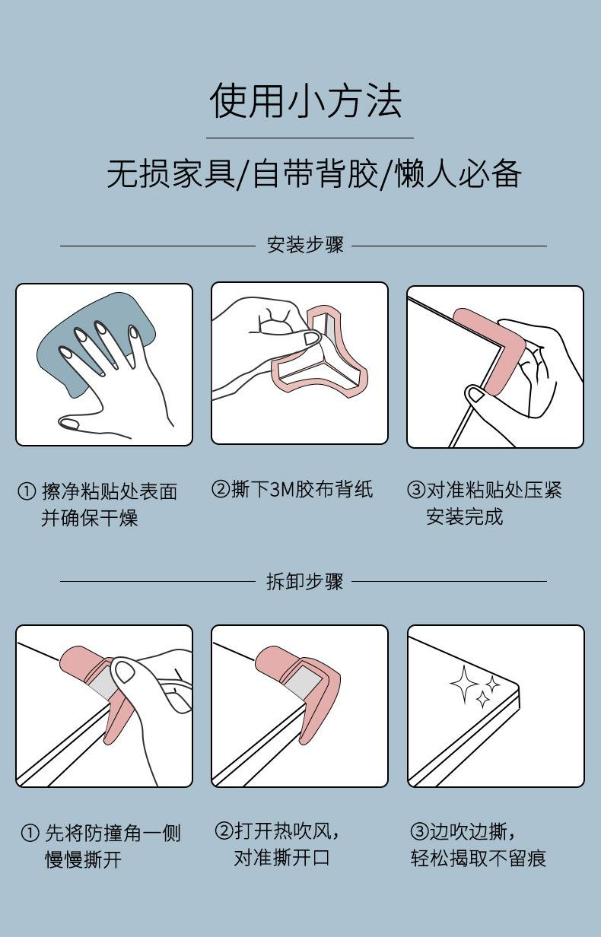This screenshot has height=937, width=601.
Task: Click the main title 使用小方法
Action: point(305,101)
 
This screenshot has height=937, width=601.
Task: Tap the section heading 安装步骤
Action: point(304,245)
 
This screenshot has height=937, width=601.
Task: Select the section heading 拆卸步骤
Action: point(304,582)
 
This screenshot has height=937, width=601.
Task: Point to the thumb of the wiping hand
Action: point(80,422)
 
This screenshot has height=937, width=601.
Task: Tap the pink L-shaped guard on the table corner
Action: point(498,350)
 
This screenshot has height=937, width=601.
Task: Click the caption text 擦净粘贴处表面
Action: point(109,491)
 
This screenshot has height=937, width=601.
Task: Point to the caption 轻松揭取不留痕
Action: point(479,859)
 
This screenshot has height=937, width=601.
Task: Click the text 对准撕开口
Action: point(281,858)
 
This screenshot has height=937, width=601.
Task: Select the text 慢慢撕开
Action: point(83,860)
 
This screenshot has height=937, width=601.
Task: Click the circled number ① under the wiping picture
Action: point(26,492)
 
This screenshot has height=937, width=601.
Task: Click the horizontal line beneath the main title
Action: point(310,138)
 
